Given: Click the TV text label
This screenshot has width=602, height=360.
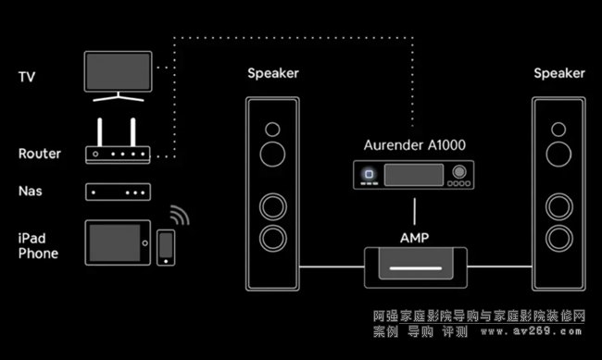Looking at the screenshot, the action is tap(27, 77).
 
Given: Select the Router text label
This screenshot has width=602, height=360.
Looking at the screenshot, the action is tap(40, 154).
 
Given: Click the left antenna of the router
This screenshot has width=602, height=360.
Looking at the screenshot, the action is tap(100, 132).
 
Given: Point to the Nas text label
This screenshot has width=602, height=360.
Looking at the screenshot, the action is tap(31, 191).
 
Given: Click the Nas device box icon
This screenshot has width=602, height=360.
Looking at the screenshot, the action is tap(118, 192).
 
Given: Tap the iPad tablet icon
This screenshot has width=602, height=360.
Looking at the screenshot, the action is tap(118, 242).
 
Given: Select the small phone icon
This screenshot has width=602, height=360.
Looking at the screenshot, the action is tap(166, 247).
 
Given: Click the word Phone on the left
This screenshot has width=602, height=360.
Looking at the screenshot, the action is tap(38, 254).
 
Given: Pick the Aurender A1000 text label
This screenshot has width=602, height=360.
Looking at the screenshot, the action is tap(415, 145).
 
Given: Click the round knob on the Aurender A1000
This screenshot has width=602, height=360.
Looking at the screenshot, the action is tap(459, 171).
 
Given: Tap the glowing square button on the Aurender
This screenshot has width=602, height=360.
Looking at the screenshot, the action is tap(369, 174).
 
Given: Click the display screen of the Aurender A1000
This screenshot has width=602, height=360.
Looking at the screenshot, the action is tap(414, 175).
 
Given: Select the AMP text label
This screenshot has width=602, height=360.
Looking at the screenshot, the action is tap(414, 238).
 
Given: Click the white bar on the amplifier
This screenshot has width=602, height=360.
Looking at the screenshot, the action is tap(416, 268).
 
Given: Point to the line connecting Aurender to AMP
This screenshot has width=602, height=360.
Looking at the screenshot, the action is tap(414, 212).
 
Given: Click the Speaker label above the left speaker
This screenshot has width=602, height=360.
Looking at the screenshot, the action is tap(273, 73).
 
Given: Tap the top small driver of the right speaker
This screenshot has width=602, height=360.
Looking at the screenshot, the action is tap(558, 130).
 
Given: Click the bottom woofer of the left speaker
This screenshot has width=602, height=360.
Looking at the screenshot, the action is tap(273, 239).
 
